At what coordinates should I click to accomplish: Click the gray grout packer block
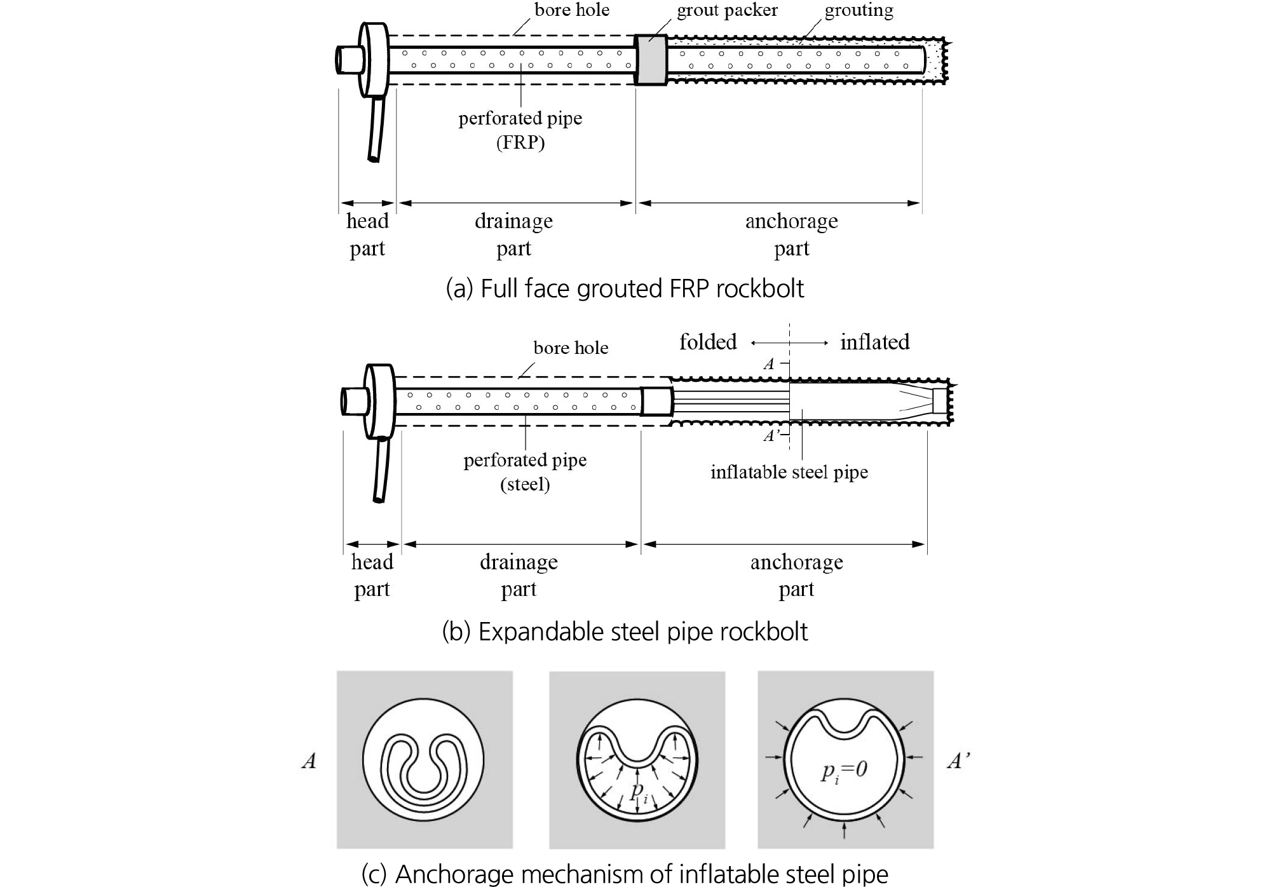651,60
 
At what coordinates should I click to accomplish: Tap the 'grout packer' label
727,11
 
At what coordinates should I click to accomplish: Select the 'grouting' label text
859,11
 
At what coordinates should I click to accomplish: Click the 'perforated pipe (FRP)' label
520,130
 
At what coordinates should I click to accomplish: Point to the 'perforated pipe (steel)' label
525,471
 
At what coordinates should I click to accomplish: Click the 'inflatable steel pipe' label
789,472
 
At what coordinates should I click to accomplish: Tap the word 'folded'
708,342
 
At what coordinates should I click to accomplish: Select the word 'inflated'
874,342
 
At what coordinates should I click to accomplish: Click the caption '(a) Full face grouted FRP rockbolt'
625,288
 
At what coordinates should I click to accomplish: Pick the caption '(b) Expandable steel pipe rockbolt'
625,632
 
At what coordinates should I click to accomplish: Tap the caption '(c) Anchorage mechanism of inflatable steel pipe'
625,874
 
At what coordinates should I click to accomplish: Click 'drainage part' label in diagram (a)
513,234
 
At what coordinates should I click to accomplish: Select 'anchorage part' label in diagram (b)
796,575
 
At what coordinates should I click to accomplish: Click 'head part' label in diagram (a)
367,234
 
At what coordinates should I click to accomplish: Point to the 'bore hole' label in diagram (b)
571,348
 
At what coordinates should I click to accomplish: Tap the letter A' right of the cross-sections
958,761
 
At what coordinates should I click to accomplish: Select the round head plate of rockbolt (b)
379,402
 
